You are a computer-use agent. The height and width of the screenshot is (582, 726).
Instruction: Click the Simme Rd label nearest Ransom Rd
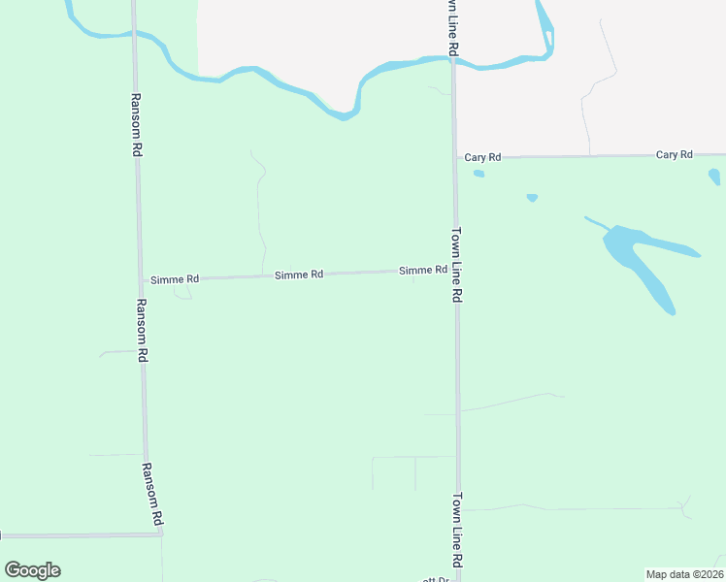[175, 279]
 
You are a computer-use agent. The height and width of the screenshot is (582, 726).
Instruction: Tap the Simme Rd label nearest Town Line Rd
[422, 271]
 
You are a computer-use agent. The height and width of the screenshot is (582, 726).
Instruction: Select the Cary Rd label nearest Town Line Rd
[482, 157]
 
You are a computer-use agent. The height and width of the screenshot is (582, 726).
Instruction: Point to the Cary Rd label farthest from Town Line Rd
[674, 155]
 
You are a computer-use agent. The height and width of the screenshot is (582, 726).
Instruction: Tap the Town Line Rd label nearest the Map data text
[456, 531]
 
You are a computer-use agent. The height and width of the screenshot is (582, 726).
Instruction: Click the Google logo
[32, 570]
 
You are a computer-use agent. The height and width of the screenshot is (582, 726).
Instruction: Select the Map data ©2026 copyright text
[684, 574]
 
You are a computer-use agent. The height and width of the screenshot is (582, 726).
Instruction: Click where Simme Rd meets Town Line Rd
[455, 271]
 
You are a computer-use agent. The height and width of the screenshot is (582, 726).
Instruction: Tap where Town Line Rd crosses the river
[452, 60]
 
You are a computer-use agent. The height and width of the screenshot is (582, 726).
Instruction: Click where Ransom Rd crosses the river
[133, 34]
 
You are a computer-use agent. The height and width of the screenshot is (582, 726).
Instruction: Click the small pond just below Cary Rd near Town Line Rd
[478, 174]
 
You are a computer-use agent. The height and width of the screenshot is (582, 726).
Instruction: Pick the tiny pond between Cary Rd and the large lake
[532, 198]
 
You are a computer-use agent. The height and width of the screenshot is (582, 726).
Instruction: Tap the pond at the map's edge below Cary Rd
[715, 177]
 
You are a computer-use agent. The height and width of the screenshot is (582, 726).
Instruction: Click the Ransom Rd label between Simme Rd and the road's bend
[142, 330]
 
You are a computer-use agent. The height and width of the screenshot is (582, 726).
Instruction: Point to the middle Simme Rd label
[299, 275]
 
